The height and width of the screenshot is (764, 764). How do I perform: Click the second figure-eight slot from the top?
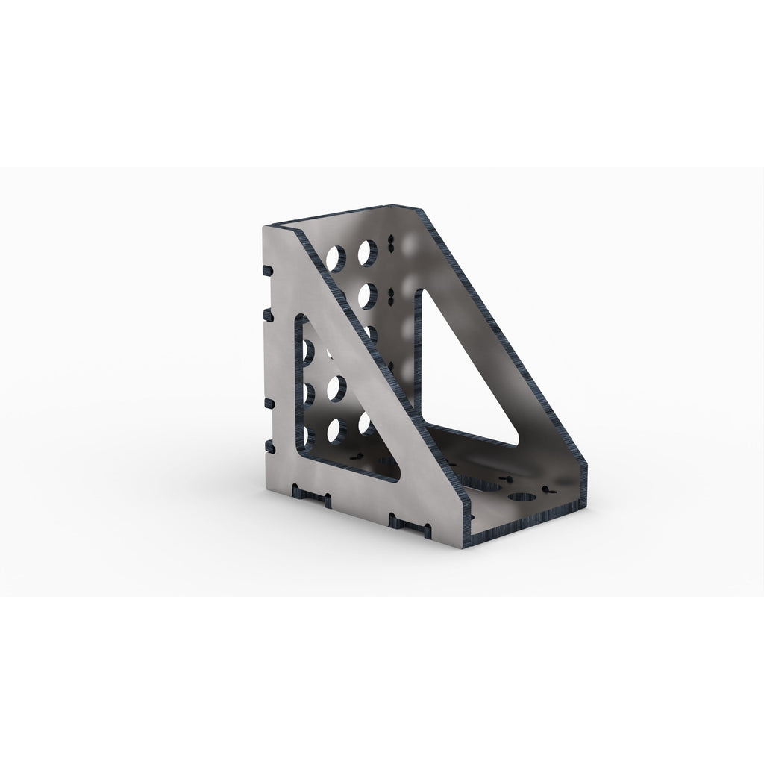(389, 296)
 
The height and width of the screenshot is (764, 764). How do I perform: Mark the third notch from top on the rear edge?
(265, 403)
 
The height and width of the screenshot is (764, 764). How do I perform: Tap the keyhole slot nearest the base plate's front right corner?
(552, 490)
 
